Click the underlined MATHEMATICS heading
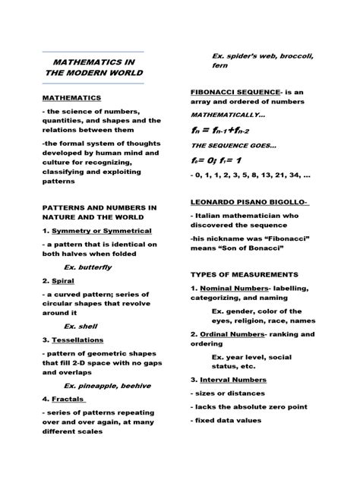click(72, 98)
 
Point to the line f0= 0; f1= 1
click(216, 161)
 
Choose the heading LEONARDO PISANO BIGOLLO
click(248, 202)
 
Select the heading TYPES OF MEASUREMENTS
click(244, 274)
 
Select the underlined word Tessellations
click(77, 339)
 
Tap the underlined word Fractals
click(68, 399)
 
